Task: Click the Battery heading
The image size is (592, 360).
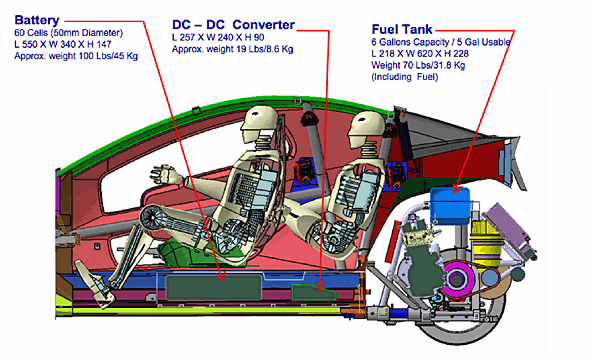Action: [x=37, y=20]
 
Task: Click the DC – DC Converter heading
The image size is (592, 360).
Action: [x=233, y=25]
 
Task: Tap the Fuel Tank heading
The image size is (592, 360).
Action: [x=402, y=29]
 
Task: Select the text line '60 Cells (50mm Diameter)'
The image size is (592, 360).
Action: [x=69, y=33]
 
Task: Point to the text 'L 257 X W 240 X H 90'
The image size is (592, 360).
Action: [x=218, y=37]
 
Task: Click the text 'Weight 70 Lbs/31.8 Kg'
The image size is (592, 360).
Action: [x=418, y=65]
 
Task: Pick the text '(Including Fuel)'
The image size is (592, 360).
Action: [x=405, y=77]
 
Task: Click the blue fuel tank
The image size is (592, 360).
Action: [x=450, y=205]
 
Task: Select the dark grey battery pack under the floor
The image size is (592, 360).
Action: [x=214, y=288]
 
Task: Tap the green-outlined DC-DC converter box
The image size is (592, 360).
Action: [x=313, y=292]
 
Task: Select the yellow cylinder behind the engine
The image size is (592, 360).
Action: [x=486, y=243]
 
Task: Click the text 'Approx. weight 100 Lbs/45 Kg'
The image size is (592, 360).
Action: [x=76, y=56]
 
